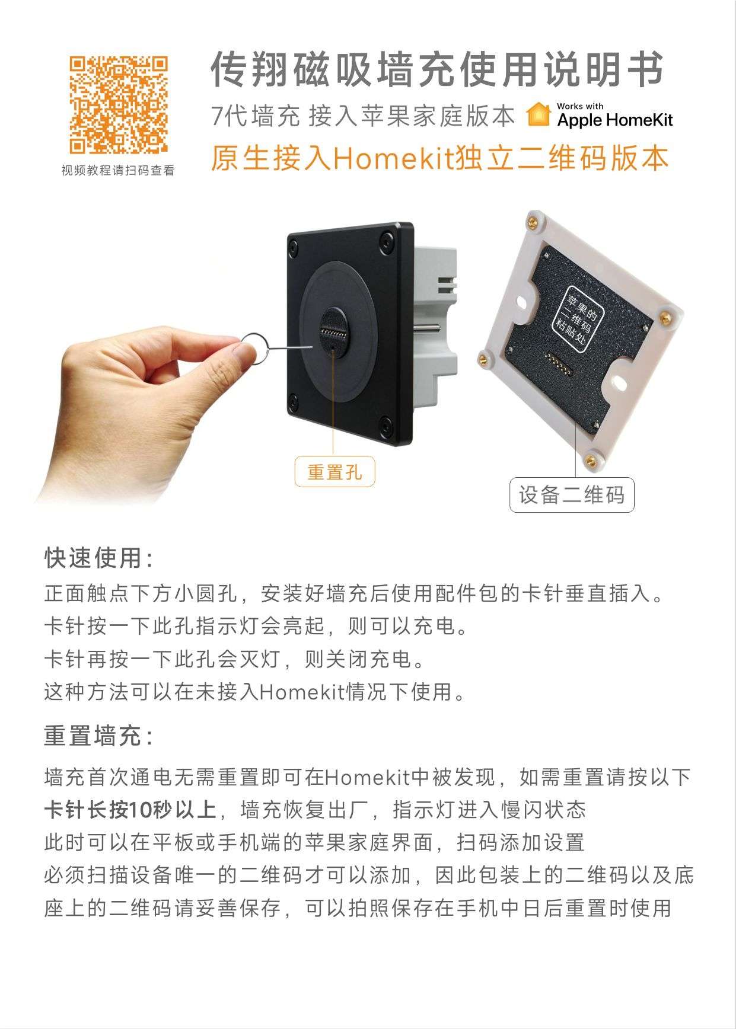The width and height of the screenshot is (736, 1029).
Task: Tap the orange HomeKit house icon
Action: (x=539, y=114)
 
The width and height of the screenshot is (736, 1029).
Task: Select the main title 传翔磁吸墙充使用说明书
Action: (x=437, y=69)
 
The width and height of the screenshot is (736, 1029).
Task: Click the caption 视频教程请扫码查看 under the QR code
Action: (x=119, y=171)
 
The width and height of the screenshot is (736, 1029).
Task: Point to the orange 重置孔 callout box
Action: (x=334, y=471)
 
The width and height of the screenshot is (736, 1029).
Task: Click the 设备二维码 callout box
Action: (x=572, y=495)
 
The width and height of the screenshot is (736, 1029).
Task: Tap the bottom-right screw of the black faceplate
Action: (x=386, y=424)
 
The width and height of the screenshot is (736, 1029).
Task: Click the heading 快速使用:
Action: (x=99, y=558)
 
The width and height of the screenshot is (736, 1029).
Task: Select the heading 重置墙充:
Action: (x=99, y=736)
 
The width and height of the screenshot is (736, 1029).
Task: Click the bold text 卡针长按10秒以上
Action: (x=130, y=810)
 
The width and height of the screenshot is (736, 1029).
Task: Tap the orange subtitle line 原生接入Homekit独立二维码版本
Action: (x=440, y=158)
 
